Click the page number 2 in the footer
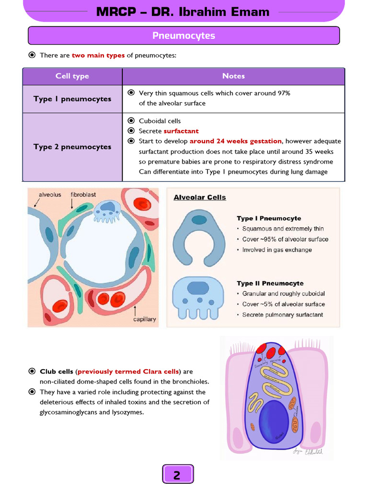coord(177,475)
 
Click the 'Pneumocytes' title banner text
coord(184,36)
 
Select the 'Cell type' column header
coord(72,76)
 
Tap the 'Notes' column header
coord(233,76)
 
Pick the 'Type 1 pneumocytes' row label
coord(72,99)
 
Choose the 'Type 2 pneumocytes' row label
coord(72,147)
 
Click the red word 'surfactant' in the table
coord(181,131)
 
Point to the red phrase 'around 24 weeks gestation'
coord(236,141)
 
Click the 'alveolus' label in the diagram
coord(50,195)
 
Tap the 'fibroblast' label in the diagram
coord(83,195)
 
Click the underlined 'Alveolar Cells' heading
coord(199,197)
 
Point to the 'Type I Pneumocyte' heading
coord(269,219)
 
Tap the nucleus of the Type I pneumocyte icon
coord(198,220)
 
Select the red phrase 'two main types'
coord(98,55)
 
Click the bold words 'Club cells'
coord(57,372)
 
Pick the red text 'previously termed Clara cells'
coord(128,372)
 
